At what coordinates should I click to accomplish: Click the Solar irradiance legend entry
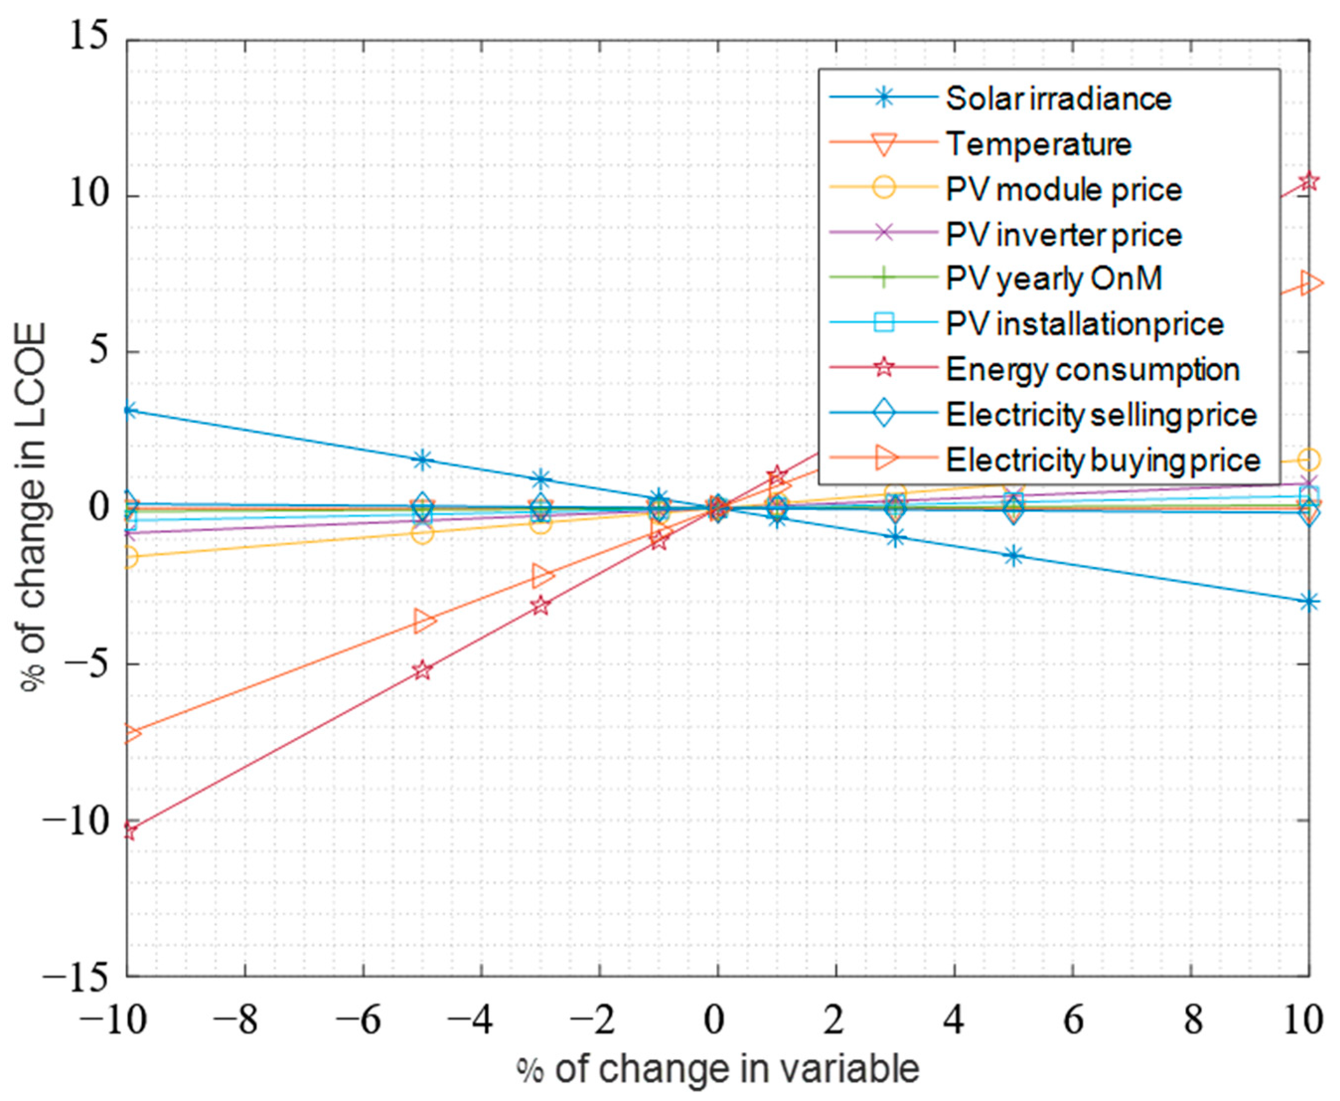click(x=1058, y=98)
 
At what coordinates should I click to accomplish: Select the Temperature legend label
click(x=1038, y=144)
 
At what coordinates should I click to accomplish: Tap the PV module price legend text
click(x=1063, y=190)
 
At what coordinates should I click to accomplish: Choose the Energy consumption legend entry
click(x=1092, y=369)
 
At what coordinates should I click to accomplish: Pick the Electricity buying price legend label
click(x=1103, y=460)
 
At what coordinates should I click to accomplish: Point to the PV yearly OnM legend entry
click(x=1053, y=279)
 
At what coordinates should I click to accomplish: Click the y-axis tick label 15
click(x=88, y=39)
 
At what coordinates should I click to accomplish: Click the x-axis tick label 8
click(x=1192, y=1021)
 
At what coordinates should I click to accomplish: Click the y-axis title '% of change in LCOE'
click(x=34, y=508)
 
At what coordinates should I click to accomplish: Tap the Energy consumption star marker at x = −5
click(x=422, y=670)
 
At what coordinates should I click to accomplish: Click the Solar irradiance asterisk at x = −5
click(x=422, y=460)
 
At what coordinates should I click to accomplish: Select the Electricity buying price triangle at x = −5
click(x=424, y=620)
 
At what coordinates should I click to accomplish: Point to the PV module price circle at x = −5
click(x=422, y=533)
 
